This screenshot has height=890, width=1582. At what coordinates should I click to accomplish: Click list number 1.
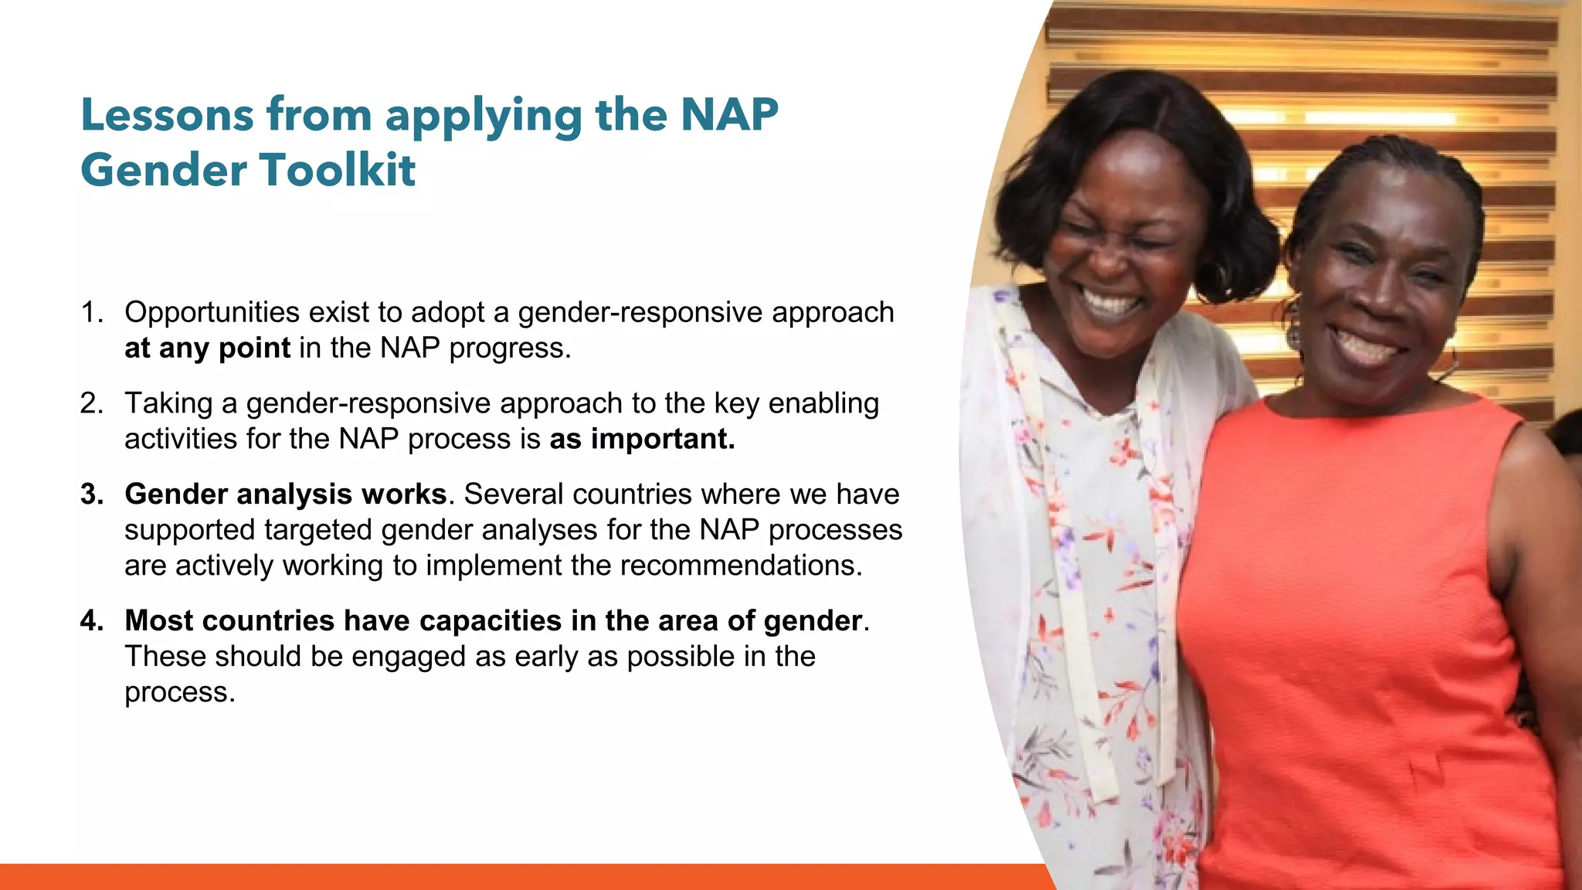(x=91, y=312)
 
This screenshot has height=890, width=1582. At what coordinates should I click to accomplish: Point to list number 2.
(x=91, y=403)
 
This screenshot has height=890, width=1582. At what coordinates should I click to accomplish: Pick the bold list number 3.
(x=91, y=494)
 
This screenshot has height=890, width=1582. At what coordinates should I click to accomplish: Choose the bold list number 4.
(x=91, y=621)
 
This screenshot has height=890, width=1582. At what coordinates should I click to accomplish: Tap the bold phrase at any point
(x=207, y=348)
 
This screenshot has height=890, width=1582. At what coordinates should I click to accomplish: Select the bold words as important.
(x=642, y=439)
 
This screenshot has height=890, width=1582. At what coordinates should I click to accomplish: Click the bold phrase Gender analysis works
(x=285, y=494)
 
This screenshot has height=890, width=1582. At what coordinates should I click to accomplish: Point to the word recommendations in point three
(x=741, y=566)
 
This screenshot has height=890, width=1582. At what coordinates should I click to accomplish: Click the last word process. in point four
(x=179, y=692)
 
